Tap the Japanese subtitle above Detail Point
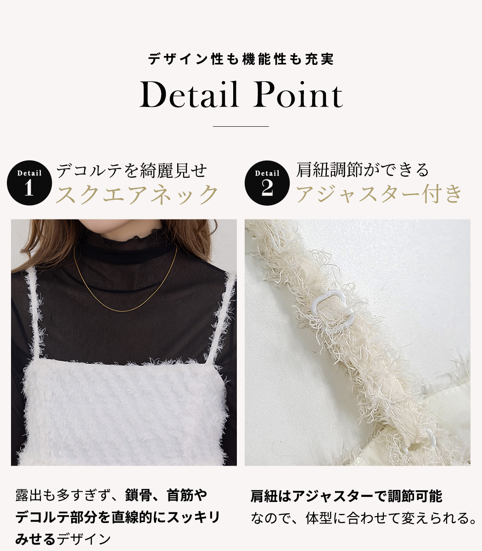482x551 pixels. click(241, 59)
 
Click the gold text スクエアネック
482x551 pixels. click(137, 194)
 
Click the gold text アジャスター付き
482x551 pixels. click(379, 194)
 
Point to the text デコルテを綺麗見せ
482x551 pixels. click(132, 171)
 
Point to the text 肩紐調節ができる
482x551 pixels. click(363, 170)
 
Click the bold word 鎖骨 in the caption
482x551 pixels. click(138, 495)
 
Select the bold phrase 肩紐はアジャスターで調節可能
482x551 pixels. click(346, 496)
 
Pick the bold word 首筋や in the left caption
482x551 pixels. click(187, 495)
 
